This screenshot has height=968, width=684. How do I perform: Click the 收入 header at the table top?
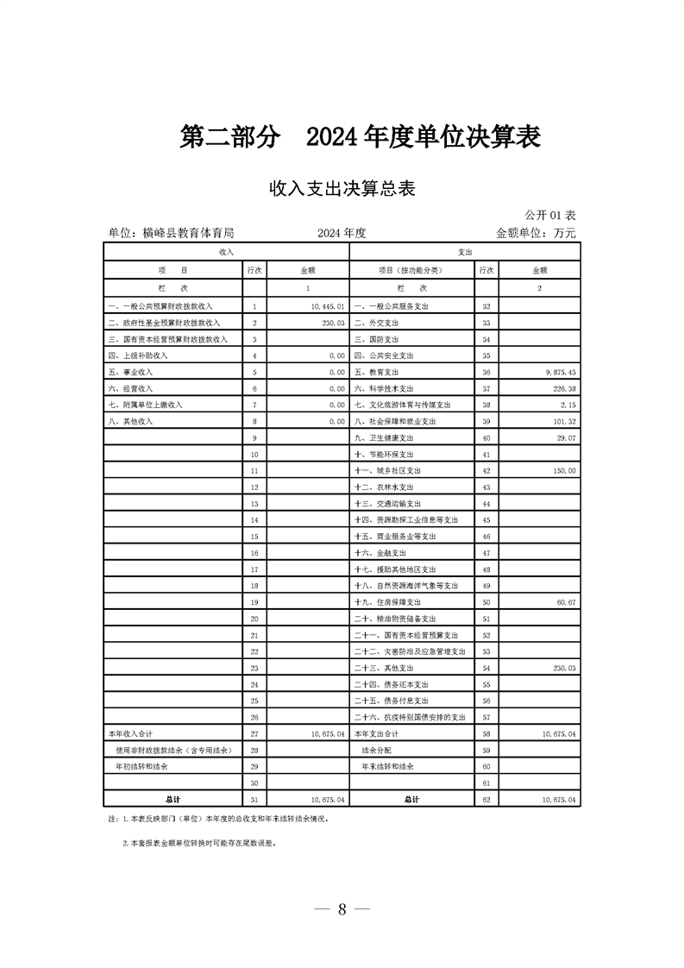226,252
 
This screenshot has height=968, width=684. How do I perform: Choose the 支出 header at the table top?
465,252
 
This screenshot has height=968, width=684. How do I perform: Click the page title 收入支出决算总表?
342,189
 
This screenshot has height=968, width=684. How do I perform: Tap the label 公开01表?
550,214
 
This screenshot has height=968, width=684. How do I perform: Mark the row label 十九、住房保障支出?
387,601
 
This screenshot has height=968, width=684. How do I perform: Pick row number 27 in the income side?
254,732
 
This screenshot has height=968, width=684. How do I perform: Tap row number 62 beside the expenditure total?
486,800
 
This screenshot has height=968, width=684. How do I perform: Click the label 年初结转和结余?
141,766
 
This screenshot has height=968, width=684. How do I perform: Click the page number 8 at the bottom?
342,909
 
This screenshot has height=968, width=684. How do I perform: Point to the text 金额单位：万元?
535,233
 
